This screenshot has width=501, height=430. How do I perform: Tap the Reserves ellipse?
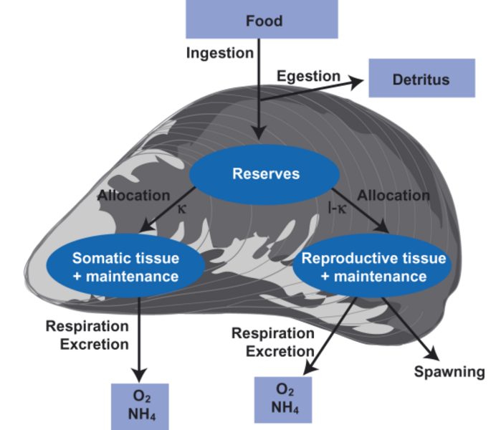(x=265, y=174)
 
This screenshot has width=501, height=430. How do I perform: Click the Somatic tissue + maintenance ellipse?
(x=125, y=267)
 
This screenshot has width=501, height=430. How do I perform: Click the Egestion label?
(x=308, y=75)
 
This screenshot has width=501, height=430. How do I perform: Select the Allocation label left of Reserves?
(x=134, y=195)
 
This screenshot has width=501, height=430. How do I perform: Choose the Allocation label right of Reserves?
(x=393, y=195)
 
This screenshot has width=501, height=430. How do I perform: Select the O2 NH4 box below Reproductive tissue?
(x=286, y=398)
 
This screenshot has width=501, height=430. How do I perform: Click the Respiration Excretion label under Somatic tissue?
(x=87, y=335)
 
